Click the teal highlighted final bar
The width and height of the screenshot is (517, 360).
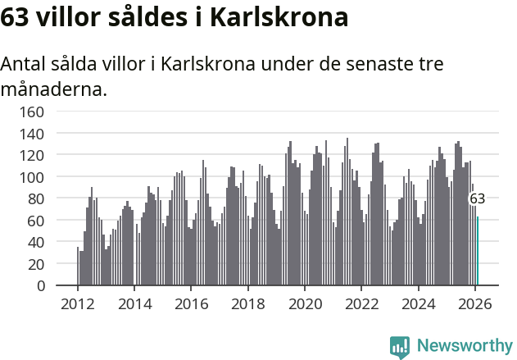pos(478,251)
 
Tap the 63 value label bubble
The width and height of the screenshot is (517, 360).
pos(477,198)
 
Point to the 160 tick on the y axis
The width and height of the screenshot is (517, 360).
pos(32,112)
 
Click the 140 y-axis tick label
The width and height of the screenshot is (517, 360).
pos(32,133)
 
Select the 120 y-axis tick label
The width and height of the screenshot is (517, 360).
pos(32,155)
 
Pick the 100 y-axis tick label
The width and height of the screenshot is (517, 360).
pos(32,177)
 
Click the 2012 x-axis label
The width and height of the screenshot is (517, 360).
pos(78,303)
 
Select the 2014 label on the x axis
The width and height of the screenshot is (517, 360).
pos(134,303)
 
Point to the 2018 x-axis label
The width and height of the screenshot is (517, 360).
pos(248,303)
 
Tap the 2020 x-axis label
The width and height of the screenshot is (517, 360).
pos(305,303)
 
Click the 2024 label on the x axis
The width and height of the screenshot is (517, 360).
pos(419,303)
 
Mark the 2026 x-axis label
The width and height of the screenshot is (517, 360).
pos(475,303)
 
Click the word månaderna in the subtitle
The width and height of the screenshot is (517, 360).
pos(54,89)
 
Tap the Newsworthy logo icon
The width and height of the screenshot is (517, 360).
pos(400,347)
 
